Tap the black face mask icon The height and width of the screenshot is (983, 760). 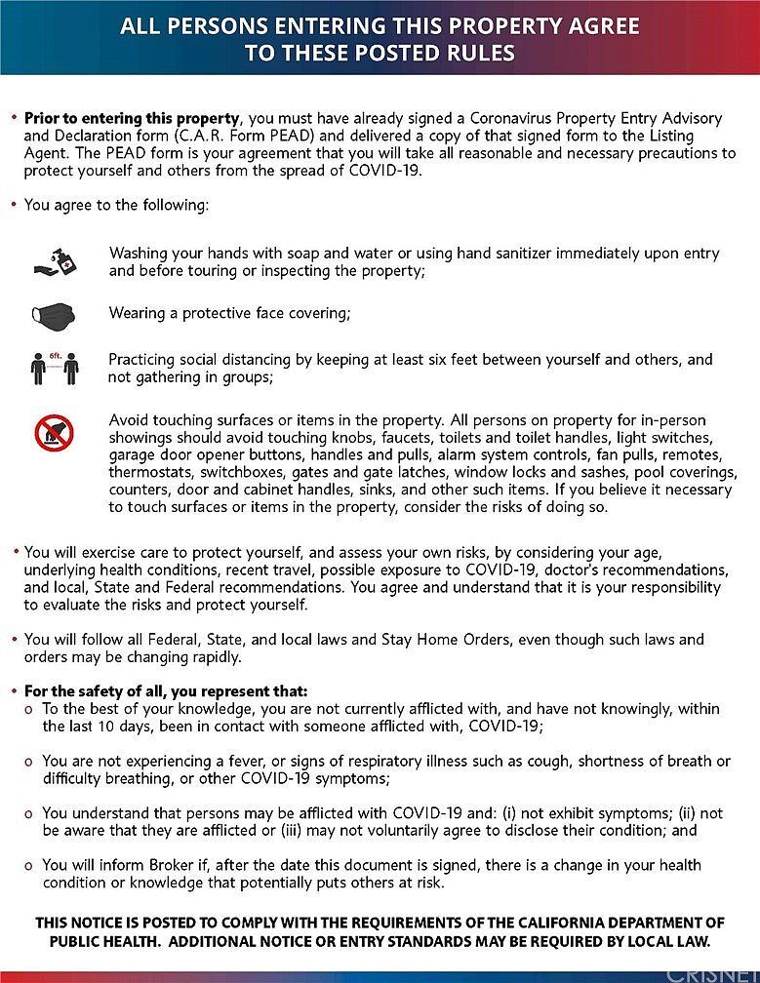(54, 314)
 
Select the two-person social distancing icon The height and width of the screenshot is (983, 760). (55, 369)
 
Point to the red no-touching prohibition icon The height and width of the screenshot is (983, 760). (55, 432)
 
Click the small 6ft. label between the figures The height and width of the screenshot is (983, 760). (55, 357)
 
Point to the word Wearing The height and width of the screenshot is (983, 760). (139, 314)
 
